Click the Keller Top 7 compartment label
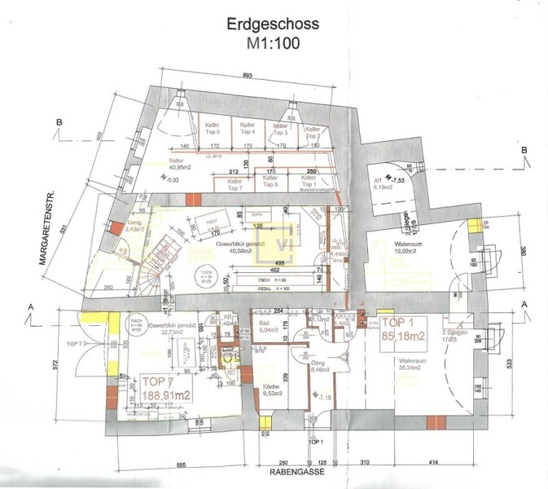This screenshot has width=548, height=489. click(236, 183)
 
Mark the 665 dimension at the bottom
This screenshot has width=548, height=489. click(182, 464)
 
